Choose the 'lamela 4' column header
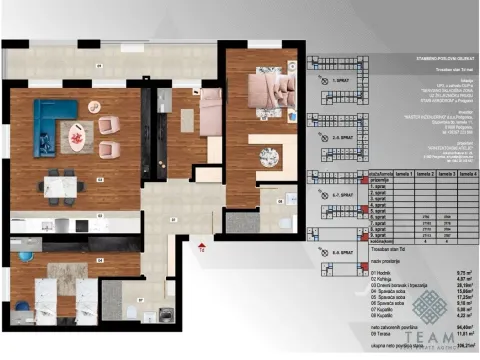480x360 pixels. (x=468, y=173)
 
